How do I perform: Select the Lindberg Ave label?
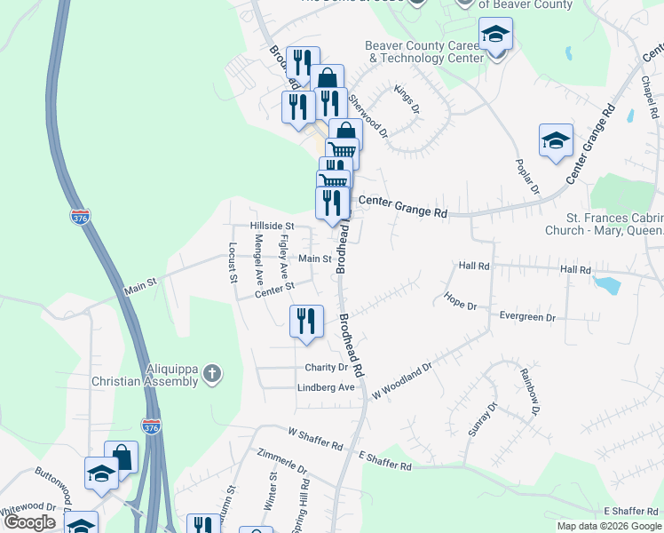tap(326, 387)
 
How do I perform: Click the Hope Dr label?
tap(461, 301)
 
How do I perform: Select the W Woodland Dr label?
tap(402, 378)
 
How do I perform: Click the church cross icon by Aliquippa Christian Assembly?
tap(211, 373)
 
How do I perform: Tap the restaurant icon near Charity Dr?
tap(304, 322)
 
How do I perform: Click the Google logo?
tap(29, 522)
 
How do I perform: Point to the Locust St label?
tap(233, 262)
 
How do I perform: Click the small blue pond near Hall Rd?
tap(607, 285)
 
